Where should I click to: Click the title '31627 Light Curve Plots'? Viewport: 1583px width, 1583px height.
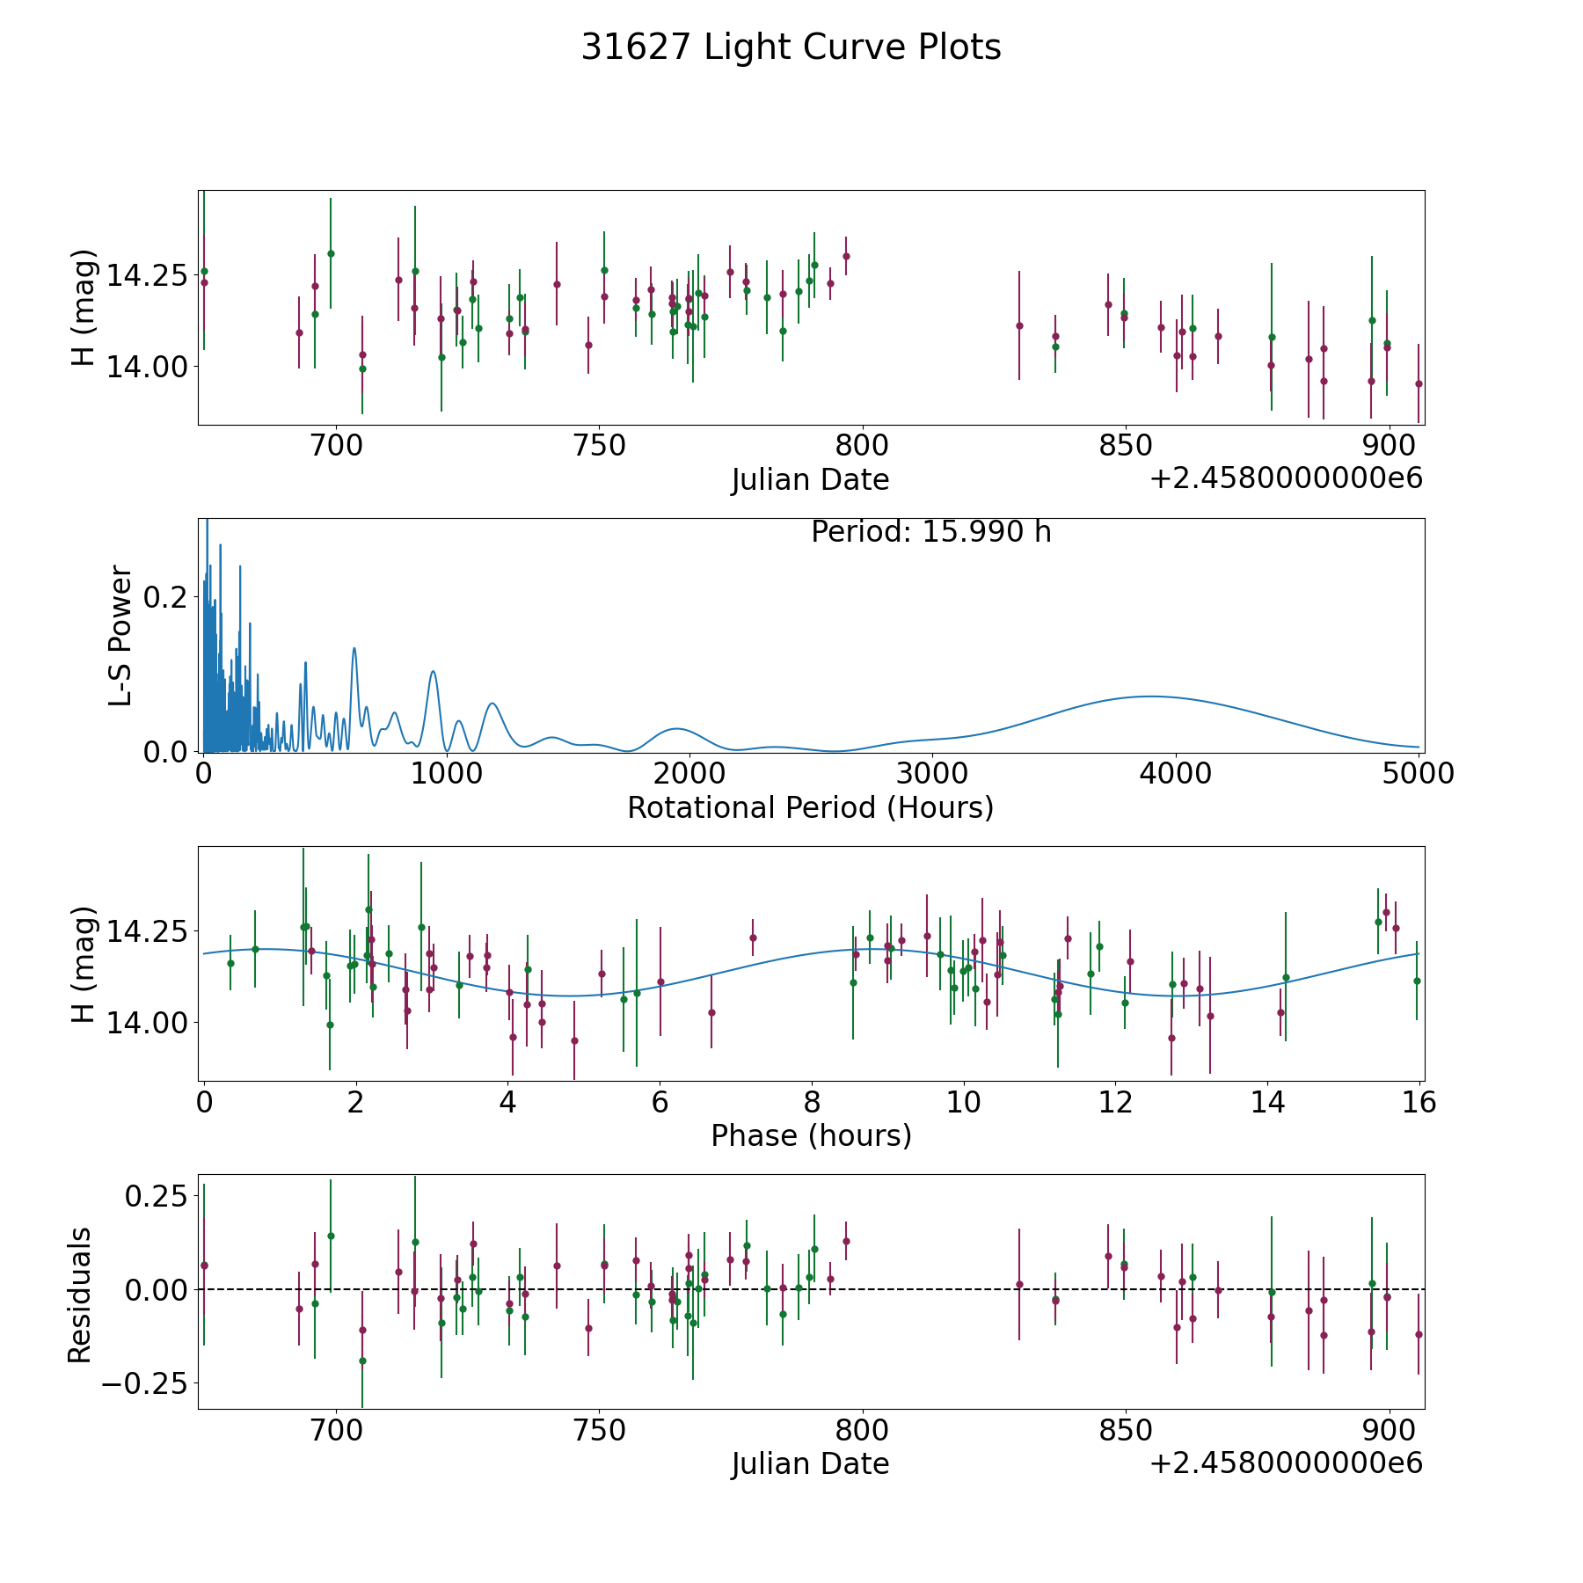click(x=791, y=47)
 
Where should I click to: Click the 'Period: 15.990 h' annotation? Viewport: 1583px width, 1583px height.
click(x=930, y=532)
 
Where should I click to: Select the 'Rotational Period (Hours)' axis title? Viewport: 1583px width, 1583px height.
click(x=810, y=807)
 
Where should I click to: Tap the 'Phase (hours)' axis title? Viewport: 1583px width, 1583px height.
click(x=811, y=1135)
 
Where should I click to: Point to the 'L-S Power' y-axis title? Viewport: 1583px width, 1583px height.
click(x=120, y=635)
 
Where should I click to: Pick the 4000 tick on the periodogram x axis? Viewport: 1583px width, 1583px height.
click(x=1174, y=774)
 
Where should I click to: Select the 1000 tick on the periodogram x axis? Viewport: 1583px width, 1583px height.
click(x=446, y=774)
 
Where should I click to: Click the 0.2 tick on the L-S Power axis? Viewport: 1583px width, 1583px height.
click(x=165, y=597)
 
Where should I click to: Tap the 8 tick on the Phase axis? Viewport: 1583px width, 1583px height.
click(x=812, y=1102)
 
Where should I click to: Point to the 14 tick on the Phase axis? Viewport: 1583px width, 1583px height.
click(x=1267, y=1102)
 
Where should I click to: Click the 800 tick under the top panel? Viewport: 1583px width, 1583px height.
click(x=861, y=446)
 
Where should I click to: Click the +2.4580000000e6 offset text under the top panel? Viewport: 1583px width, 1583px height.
click(x=1286, y=478)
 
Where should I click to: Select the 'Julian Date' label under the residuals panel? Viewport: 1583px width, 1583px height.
click(x=810, y=1463)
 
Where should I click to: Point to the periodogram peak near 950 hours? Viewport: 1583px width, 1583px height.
click(x=433, y=672)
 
